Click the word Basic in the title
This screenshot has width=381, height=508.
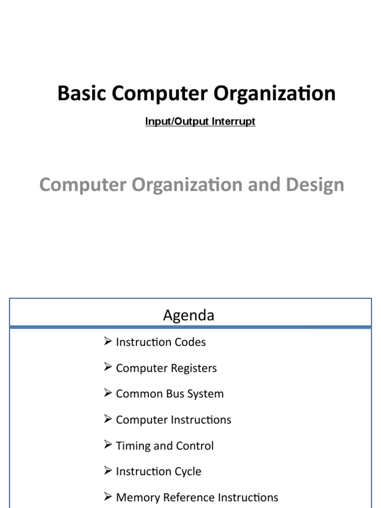(82, 93)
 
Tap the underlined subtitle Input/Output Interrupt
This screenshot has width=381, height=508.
(200, 122)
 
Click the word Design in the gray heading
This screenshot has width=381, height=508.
(315, 185)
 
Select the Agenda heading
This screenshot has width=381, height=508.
(189, 315)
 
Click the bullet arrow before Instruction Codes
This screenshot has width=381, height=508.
(108, 341)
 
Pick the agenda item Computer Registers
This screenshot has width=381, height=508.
(166, 368)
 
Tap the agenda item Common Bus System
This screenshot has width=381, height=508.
(170, 394)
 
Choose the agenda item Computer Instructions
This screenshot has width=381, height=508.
(174, 420)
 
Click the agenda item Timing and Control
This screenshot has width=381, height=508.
(165, 446)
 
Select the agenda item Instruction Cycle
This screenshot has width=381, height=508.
(158, 471)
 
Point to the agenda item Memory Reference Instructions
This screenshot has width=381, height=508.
(197, 497)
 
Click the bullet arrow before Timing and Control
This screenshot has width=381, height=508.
(108, 444)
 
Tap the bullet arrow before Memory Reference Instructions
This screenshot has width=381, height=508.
(108, 496)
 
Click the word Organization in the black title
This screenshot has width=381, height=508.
(274, 94)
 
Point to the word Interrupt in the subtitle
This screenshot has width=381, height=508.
(233, 122)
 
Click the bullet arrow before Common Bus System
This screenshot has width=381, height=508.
(108, 393)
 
